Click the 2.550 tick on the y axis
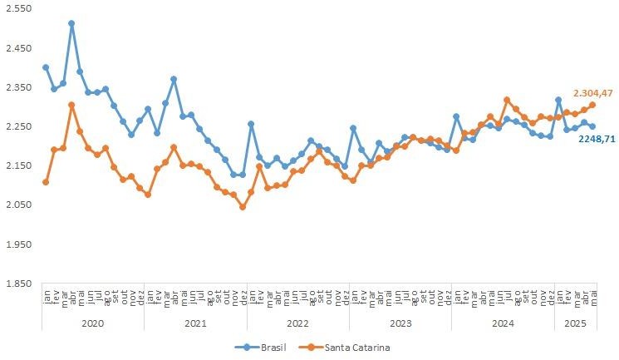[17, 9]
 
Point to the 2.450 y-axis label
[17, 48]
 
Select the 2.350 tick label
[17, 87]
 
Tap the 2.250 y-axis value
[17, 126]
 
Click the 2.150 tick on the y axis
[17, 166]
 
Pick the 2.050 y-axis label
[17, 205]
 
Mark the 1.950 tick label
[17, 244]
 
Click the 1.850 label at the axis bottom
[17, 284]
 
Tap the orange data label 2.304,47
[593, 93]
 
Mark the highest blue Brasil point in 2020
[71, 24]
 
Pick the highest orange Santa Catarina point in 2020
[71, 105]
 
